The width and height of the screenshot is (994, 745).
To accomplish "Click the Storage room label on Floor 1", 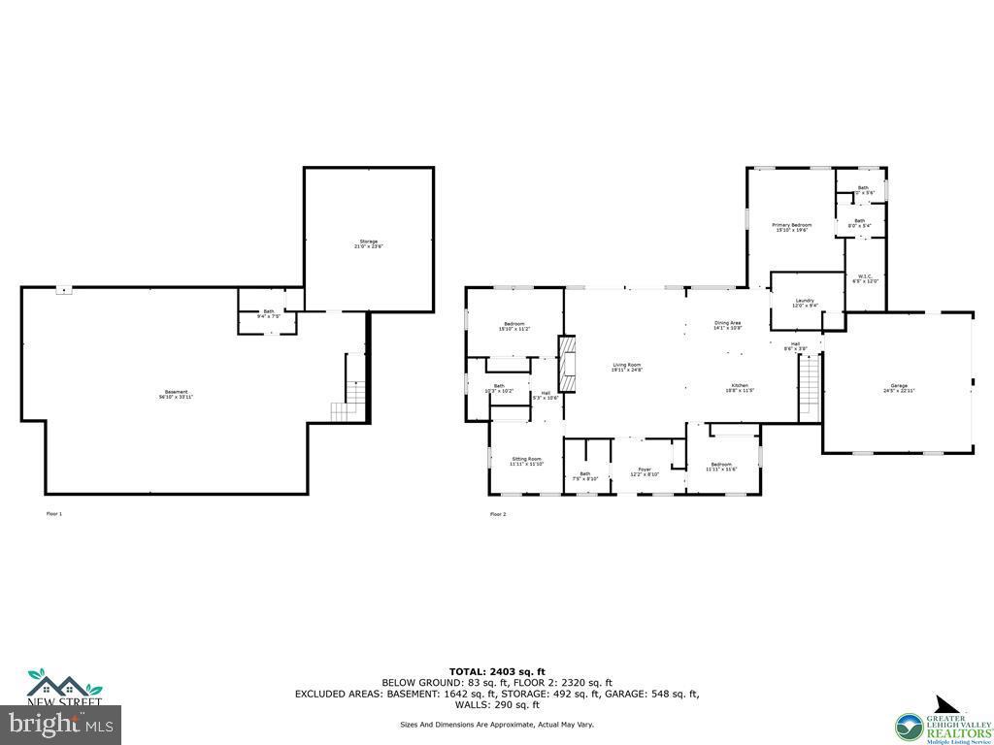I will (x=368, y=243).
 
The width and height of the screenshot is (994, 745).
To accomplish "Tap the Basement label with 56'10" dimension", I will (x=175, y=395).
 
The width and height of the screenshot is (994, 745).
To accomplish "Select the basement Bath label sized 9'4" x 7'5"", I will (x=268, y=313).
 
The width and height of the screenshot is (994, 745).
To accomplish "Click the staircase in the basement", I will (x=347, y=410).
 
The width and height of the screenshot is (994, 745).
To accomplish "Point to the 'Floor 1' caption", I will (x=54, y=513).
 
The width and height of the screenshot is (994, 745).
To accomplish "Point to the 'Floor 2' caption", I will (x=498, y=514).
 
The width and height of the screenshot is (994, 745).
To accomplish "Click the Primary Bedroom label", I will (x=791, y=227).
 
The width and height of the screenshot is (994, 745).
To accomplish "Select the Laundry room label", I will (x=805, y=303).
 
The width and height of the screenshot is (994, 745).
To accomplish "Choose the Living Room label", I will (x=626, y=368).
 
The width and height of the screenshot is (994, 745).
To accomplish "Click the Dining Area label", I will (x=728, y=325).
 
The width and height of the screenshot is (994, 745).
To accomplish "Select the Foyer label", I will (x=645, y=471).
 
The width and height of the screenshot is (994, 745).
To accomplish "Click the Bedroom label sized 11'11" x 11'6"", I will (x=721, y=467).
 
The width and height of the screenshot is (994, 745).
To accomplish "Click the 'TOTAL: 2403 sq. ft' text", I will (x=497, y=671).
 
